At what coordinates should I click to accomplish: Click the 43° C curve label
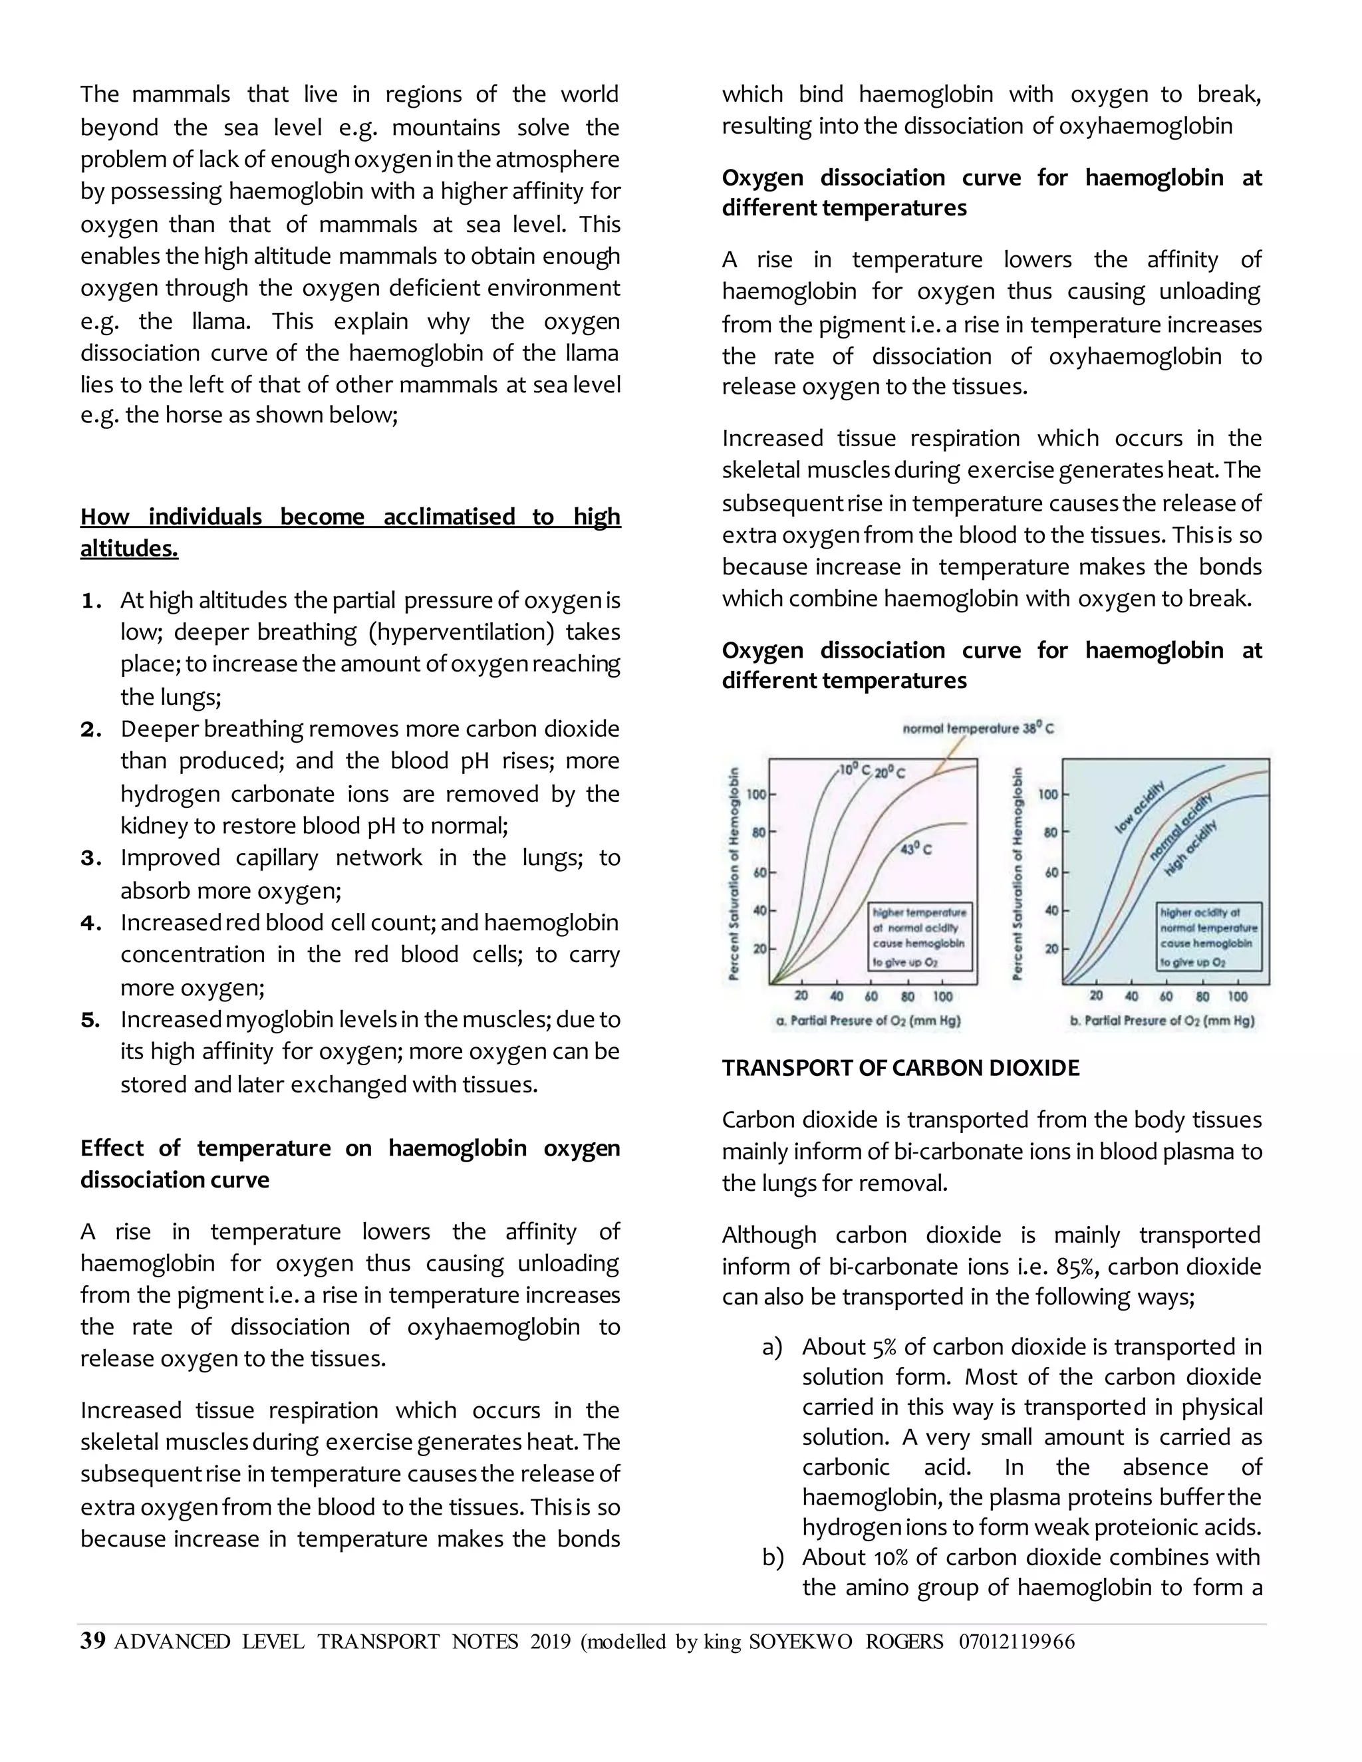tap(916, 850)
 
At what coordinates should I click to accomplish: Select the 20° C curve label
tap(890, 773)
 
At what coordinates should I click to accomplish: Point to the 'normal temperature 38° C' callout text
tap(978, 729)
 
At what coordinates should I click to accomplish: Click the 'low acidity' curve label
tap(1139, 807)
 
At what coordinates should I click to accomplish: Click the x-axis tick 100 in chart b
tap(1237, 997)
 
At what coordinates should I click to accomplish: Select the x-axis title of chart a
tap(868, 1021)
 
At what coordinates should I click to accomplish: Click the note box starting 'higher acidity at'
tap(1208, 937)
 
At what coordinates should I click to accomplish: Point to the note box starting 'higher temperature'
tap(919, 937)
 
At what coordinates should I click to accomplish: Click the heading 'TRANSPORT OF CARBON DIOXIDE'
tap(900, 1069)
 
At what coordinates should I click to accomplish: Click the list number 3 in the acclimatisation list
tap(90, 858)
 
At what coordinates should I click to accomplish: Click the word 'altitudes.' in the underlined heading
tap(129, 549)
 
